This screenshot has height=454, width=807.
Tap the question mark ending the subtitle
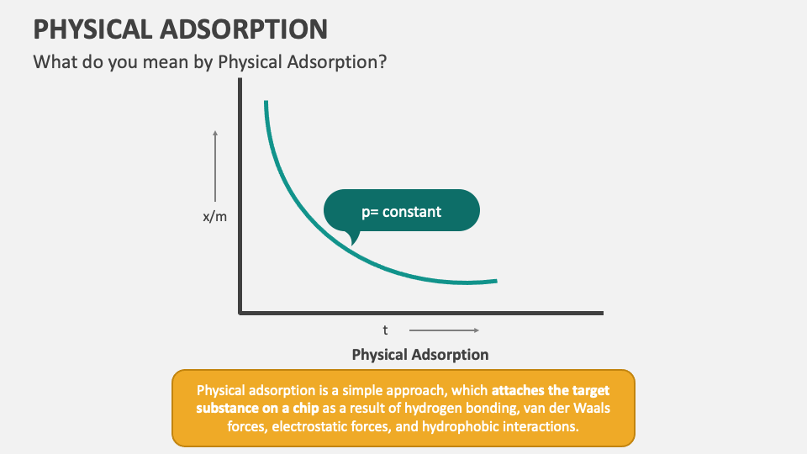(382, 62)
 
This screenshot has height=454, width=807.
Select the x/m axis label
(215, 217)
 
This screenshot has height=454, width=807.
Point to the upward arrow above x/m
(215, 164)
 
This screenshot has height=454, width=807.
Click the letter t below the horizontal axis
(386, 330)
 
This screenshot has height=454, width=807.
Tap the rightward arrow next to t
(444, 330)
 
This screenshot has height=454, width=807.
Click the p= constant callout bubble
(402, 211)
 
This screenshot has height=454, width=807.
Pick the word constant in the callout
(412, 212)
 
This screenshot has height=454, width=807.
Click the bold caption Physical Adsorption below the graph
(420, 354)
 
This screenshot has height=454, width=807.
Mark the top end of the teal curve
(266, 103)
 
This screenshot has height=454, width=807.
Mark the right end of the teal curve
(496, 281)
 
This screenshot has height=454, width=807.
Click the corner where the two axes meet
(240, 313)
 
